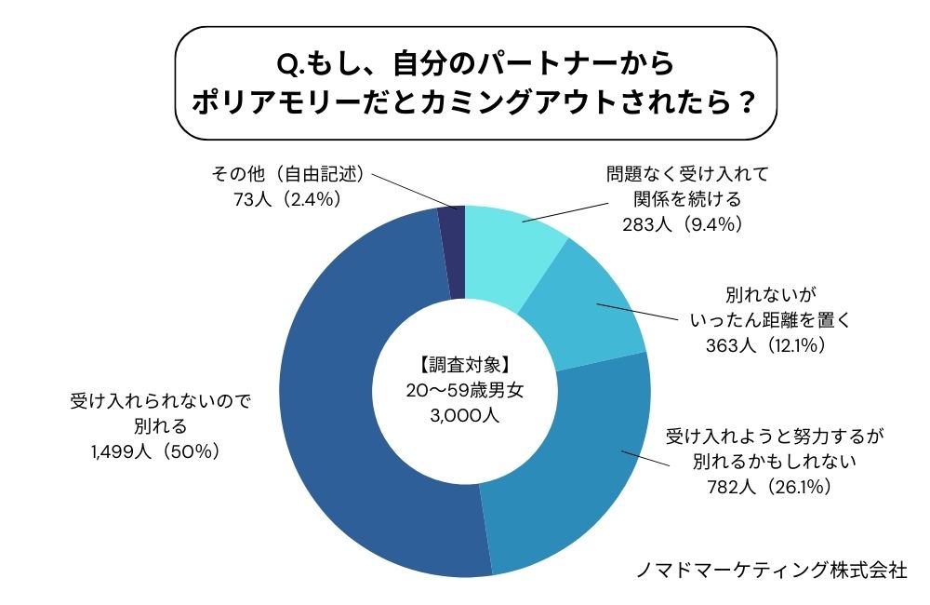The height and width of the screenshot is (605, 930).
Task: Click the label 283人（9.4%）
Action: click(x=687, y=223)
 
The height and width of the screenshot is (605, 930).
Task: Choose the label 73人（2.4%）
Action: click(x=279, y=197)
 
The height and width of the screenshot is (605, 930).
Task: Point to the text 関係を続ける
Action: click(x=687, y=199)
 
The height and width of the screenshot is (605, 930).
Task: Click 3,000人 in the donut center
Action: click(x=465, y=416)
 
